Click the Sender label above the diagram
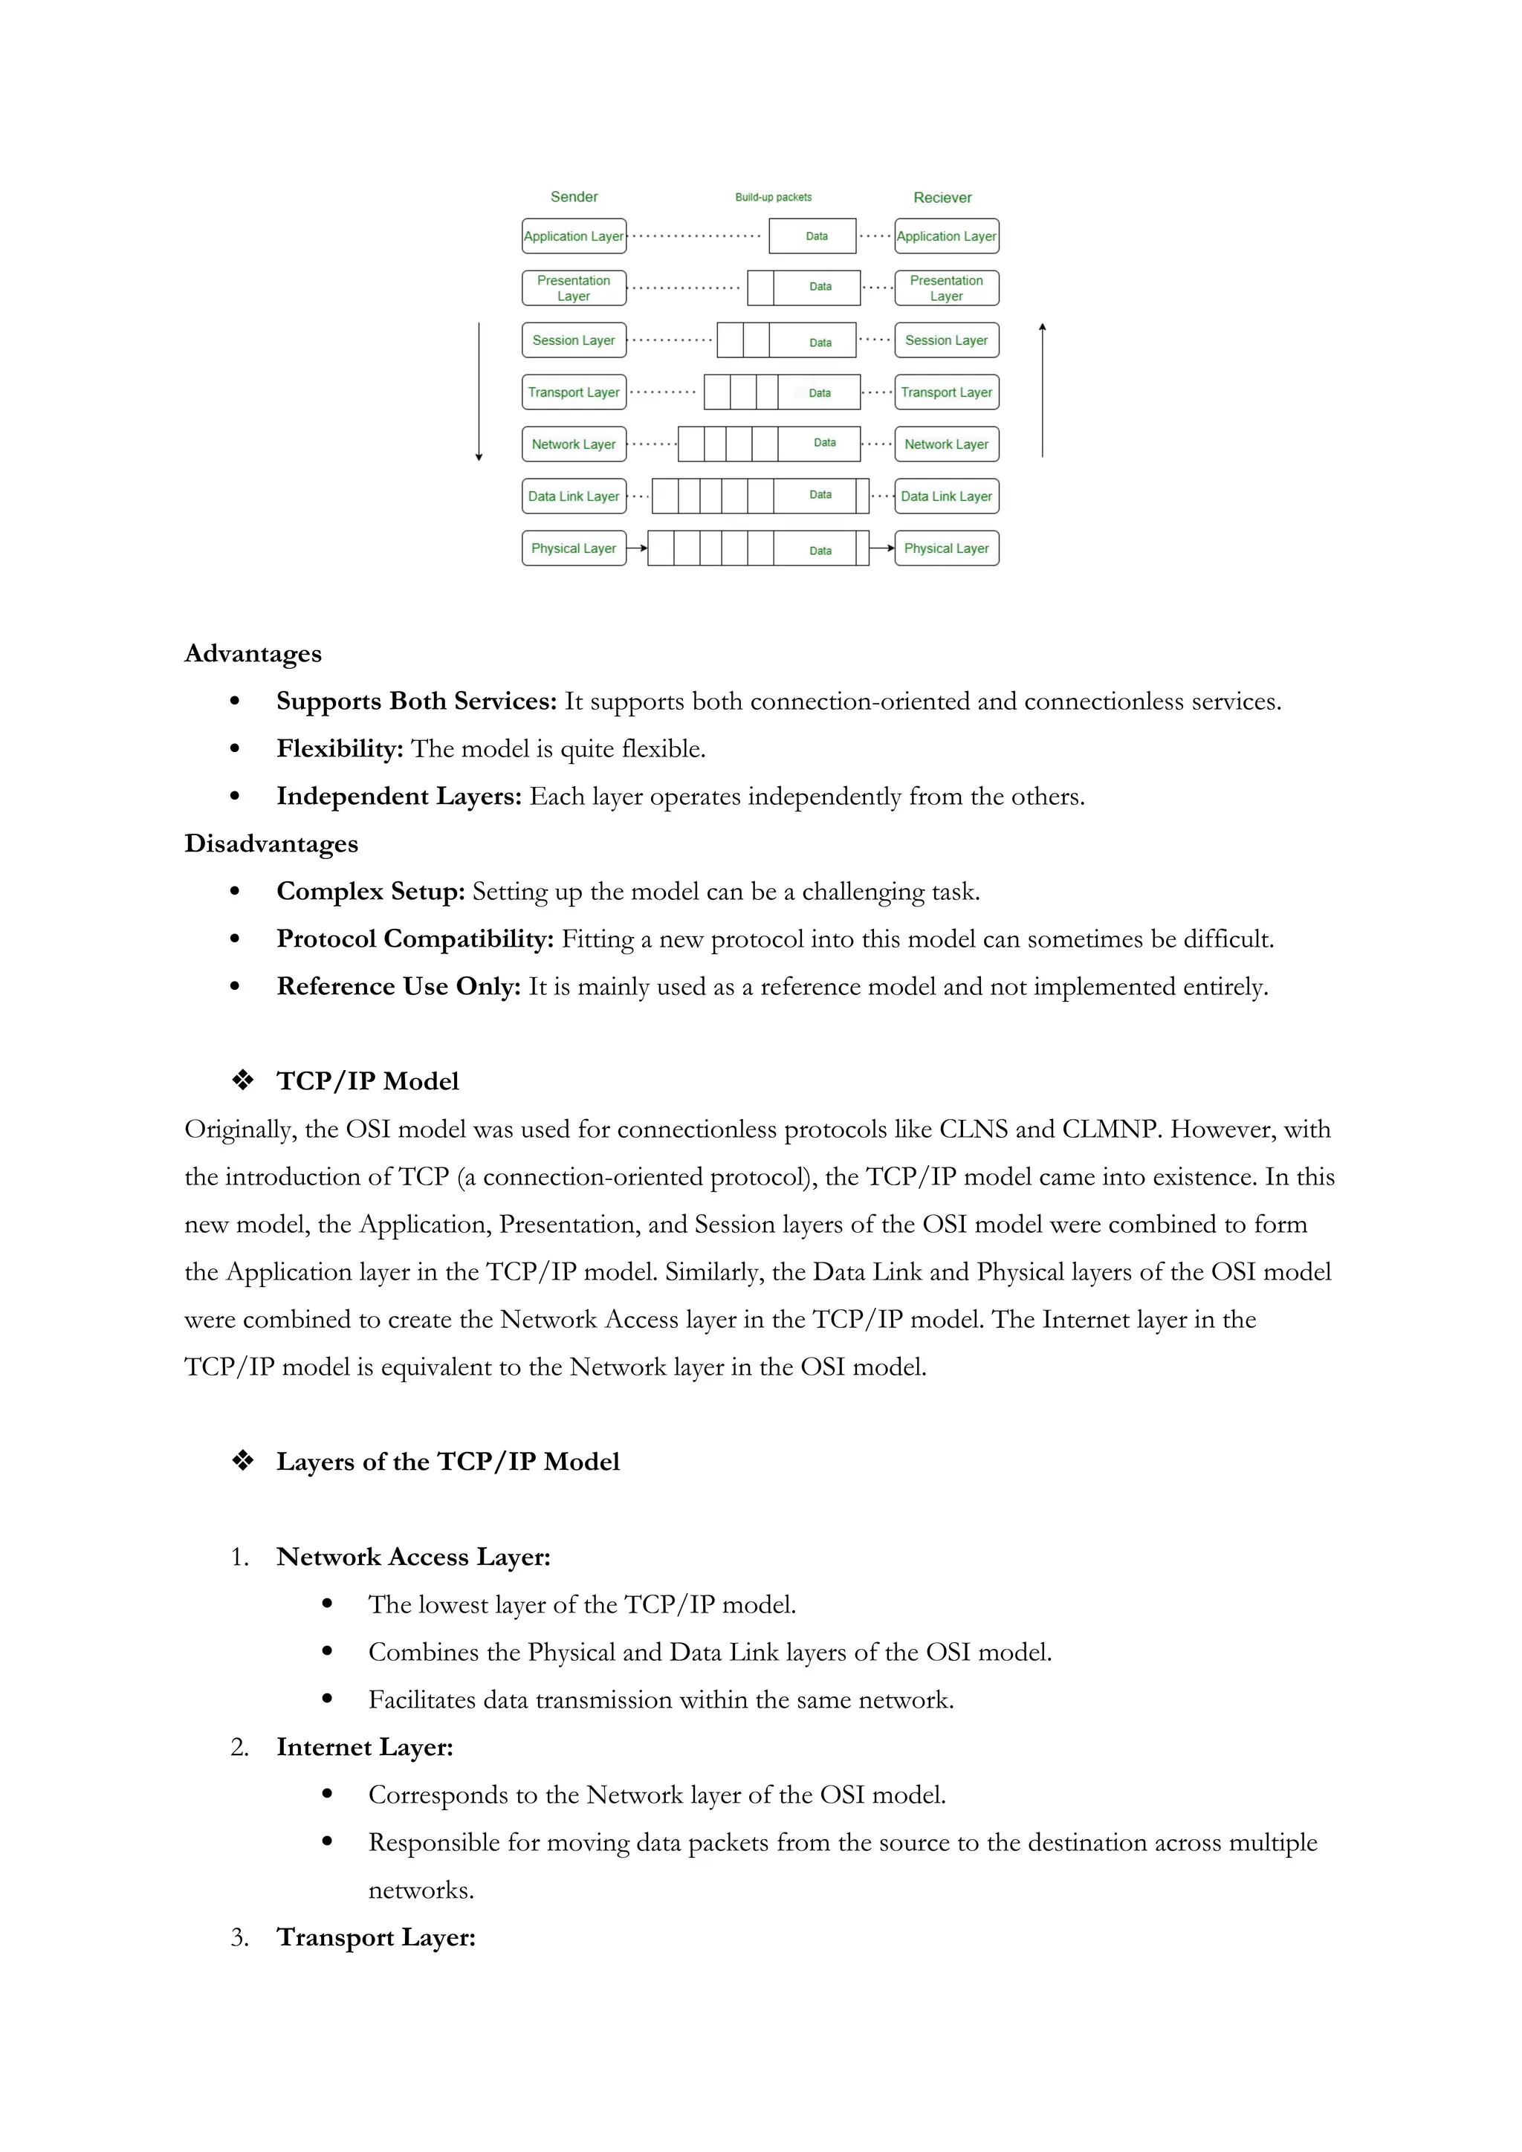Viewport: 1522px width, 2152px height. point(574,197)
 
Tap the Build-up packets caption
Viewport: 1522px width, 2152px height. point(773,197)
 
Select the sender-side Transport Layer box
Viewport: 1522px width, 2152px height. point(574,392)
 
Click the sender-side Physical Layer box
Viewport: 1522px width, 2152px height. point(574,548)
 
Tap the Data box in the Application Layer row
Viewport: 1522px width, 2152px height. point(812,236)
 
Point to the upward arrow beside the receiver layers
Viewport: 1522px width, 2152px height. point(1042,389)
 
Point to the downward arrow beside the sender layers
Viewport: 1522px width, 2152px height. point(479,394)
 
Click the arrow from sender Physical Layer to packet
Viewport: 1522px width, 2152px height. point(638,548)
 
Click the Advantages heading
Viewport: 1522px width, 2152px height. point(252,653)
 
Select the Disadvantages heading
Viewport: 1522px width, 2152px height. point(271,843)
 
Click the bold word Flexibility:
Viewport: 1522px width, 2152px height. point(340,749)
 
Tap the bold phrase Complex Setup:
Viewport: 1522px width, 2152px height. point(370,892)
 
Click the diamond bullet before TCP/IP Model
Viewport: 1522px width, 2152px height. point(243,1080)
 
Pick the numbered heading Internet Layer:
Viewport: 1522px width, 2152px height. point(365,1747)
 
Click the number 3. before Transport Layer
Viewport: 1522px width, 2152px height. point(240,1937)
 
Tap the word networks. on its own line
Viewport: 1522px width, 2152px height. point(421,1890)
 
